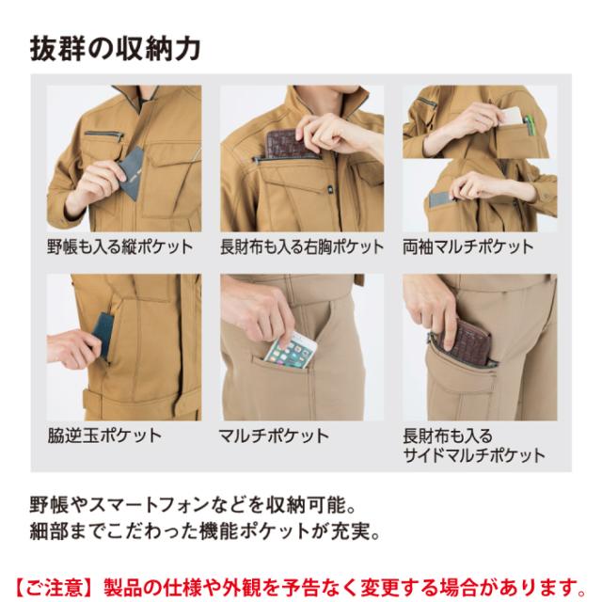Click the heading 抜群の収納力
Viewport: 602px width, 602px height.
coord(115,49)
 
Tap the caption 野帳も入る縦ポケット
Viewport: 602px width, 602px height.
coord(120,246)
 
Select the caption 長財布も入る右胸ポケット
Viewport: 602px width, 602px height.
coord(302,246)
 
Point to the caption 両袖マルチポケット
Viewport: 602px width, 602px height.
coord(468,246)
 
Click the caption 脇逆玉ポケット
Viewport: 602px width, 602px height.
coord(104,436)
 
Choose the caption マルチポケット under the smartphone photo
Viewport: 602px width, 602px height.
coord(274,436)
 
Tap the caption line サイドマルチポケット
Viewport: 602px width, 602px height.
coord(474,455)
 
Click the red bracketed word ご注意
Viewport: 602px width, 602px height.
coord(55,587)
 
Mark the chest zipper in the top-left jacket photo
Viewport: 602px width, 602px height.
coord(103,135)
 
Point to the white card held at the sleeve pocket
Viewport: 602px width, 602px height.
coord(511,116)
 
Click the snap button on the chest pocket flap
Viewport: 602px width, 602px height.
coord(330,189)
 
